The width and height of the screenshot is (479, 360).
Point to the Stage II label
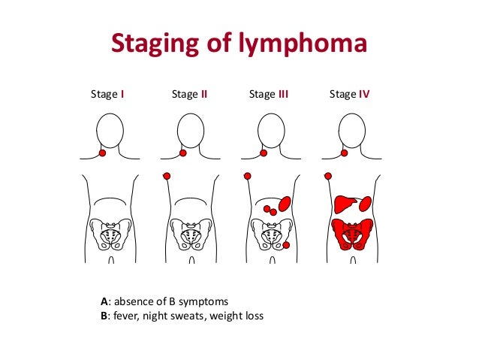pos(189,95)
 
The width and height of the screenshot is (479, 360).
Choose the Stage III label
pos(269,95)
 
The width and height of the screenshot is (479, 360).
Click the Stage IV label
pos(350,95)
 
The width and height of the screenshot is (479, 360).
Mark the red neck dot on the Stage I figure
pos(103,154)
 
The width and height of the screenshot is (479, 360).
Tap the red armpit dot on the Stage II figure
pos(167,176)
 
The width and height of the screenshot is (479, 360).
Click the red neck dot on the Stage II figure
pos(183,154)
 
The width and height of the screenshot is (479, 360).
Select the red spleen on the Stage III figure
pos(285,203)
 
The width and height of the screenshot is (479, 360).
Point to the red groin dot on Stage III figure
pos(285,246)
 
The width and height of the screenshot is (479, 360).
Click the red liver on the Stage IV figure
pos(345,204)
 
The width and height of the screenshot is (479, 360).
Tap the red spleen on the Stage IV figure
pos(365,203)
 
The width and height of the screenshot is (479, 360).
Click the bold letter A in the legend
pos(104,301)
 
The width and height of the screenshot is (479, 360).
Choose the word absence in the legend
pos(131,301)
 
